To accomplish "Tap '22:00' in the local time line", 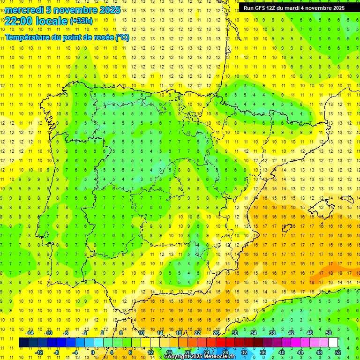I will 19,21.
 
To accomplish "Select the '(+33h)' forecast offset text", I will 81,21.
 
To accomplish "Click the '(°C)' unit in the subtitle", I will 122,37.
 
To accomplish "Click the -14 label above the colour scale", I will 30,333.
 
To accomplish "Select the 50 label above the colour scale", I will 329,333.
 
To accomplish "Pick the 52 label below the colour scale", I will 338,352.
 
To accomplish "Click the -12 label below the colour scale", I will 39,352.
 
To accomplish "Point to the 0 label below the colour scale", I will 93,352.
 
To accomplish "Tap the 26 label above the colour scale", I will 216,333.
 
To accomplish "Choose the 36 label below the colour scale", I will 263,352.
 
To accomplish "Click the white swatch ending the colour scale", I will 333,343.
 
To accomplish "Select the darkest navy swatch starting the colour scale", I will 23,343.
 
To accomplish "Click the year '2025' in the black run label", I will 337,8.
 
